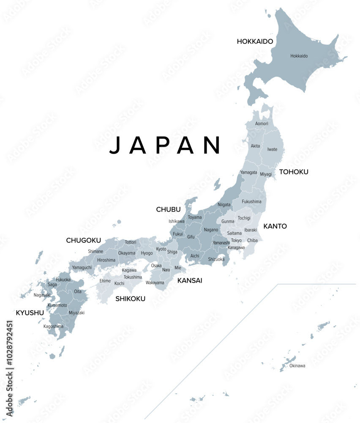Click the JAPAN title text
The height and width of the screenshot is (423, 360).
point(165,145)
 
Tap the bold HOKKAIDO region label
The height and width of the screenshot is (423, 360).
point(255,41)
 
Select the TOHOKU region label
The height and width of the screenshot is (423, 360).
point(294,172)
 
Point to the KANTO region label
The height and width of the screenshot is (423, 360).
point(275,226)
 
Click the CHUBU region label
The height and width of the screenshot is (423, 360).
point(168,209)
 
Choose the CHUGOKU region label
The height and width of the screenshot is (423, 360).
point(84,240)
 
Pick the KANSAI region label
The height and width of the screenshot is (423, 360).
point(190,280)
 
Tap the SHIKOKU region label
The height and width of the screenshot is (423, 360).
point(131,299)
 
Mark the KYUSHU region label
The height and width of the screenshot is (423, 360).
point(30,313)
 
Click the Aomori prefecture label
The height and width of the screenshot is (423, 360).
point(262,124)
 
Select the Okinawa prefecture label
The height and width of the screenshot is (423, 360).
point(297,365)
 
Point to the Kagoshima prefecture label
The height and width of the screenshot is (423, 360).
point(53,326)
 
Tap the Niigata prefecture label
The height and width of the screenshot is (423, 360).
point(224,205)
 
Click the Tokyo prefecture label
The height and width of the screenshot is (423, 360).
point(237,240)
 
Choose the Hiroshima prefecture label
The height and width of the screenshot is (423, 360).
point(106,260)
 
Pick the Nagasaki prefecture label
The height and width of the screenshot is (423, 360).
point(42,295)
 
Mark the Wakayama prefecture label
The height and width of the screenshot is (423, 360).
point(155,283)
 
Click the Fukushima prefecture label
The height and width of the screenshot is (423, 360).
point(251,201)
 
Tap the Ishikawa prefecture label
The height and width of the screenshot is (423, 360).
point(177,221)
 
